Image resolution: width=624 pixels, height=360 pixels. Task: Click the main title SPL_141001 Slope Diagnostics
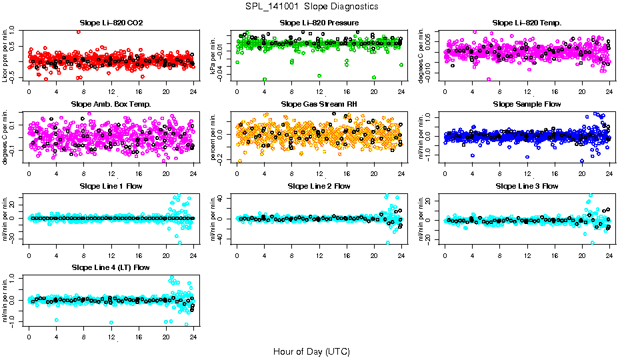click(311, 6)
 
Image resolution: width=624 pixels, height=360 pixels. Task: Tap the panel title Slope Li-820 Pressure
click(319, 23)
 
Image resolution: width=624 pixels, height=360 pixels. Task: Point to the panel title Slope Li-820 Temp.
click(527, 23)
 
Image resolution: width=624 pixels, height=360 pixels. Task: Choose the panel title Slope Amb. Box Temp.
click(111, 105)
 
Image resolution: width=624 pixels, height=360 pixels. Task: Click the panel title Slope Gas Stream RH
click(319, 105)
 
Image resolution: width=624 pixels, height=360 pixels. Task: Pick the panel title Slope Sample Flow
click(527, 105)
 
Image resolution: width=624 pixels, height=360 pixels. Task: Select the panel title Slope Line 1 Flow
click(111, 186)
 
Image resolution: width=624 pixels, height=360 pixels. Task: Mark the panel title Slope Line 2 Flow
click(319, 186)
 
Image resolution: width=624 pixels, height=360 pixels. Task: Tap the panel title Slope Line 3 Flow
click(527, 186)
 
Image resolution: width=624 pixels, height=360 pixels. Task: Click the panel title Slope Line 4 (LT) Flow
click(111, 268)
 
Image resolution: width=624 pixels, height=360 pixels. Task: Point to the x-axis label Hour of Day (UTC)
click(311, 351)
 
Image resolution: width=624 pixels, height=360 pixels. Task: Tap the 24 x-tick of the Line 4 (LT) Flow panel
click(193, 337)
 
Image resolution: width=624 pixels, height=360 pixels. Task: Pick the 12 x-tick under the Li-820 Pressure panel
click(319, 92)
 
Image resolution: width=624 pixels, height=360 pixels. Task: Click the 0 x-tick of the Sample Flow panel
click(445, 173)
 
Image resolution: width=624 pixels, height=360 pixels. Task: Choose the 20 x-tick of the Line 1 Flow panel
click(166, 255)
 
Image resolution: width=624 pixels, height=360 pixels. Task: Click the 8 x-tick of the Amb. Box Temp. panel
click(83, 173)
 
